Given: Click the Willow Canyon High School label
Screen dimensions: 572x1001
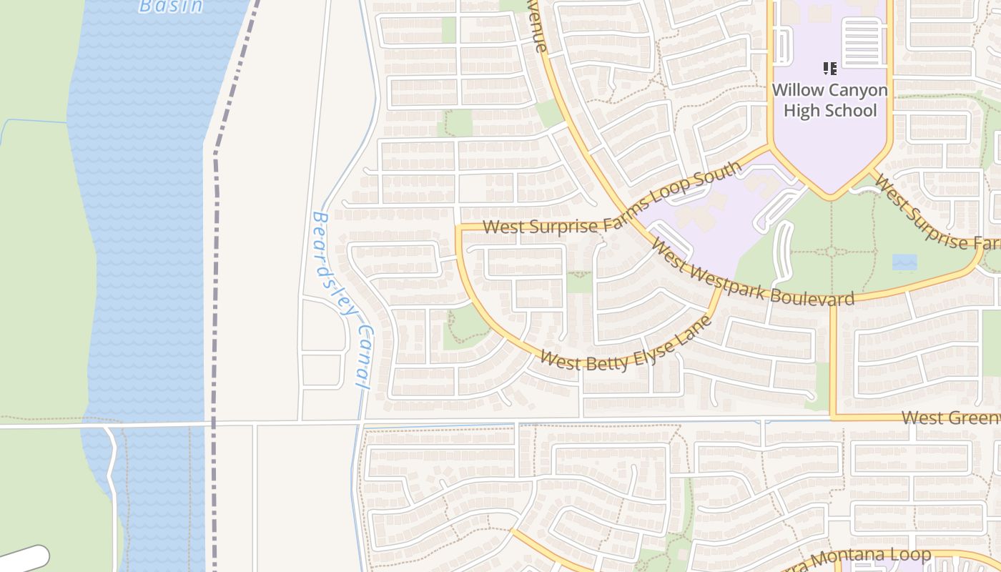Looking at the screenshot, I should click(829, 100).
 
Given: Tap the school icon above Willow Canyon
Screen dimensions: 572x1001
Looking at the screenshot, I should click(829, 69).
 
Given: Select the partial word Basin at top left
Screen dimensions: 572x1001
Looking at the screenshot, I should click(171, 6).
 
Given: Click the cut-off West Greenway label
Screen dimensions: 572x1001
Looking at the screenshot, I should click(950, 418).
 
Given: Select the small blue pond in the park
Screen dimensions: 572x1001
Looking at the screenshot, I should click(904, 262).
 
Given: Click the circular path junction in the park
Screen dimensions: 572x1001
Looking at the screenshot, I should click(831, 252).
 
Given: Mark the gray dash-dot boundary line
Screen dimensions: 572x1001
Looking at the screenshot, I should click(214, 286).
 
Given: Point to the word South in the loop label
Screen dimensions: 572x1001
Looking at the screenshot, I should click(724, 176).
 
